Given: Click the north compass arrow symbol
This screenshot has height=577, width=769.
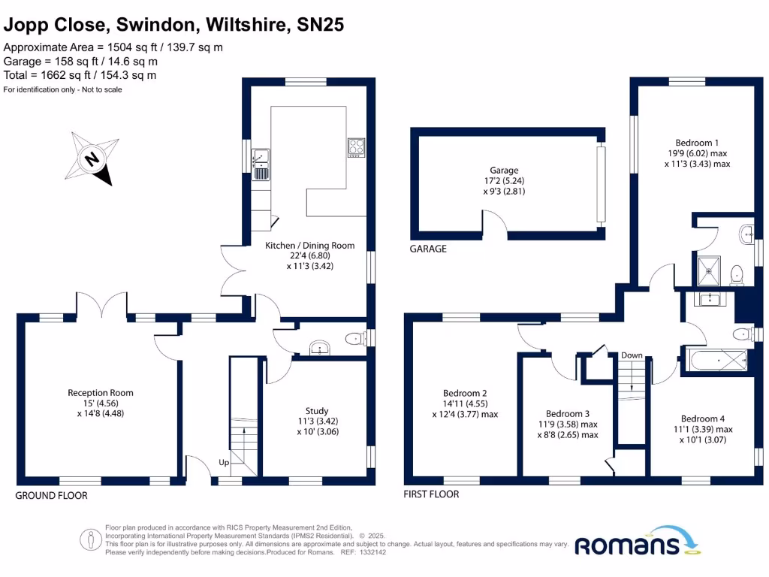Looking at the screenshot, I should coord(93,159).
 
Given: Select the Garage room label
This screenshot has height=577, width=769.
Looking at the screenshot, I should coord(505,171).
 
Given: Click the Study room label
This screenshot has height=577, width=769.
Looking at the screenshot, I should coord(316,411).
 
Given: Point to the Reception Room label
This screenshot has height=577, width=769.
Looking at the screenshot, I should coord(101,393).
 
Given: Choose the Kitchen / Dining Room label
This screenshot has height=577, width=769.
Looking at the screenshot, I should coord(309,246).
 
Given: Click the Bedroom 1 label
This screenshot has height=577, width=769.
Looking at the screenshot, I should coord(697,143).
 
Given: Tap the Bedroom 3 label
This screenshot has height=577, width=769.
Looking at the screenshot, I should coord(567,414).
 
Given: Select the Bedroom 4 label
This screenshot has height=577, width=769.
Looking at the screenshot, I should coord(703,419).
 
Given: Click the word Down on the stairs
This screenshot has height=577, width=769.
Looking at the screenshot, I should coord(632,355).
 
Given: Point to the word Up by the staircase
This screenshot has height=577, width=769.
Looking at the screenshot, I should coord(224,462).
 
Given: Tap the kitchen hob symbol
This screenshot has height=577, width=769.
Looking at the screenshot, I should coord(355,146).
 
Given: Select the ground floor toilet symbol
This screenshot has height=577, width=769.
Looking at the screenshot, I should coord(354,340).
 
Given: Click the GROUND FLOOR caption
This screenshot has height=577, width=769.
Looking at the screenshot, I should coord(52,496).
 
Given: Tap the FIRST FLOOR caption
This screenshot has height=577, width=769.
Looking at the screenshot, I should coord(431,494).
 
